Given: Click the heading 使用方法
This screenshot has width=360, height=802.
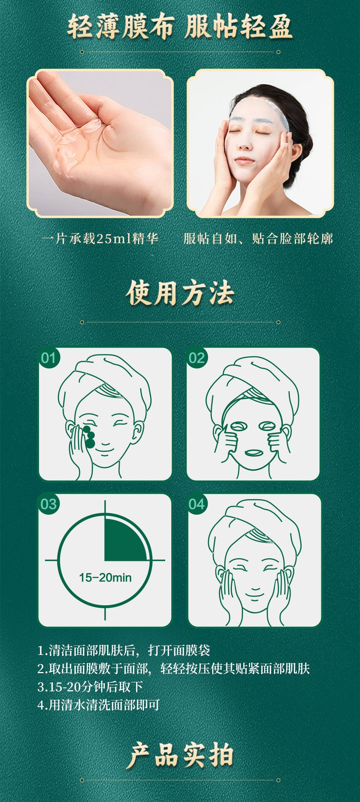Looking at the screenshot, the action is (x=180, y=293).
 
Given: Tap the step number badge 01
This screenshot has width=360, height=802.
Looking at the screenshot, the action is (x=48, y=358).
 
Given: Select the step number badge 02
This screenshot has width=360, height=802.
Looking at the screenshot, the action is (x=196, y=358).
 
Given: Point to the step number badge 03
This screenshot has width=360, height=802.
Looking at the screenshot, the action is (x=48, y=504).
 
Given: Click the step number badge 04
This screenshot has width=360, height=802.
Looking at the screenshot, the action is (x=196, y=504).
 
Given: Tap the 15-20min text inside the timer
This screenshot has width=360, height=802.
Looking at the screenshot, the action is (x=105, y=577).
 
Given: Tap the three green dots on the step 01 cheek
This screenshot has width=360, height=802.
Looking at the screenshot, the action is (x=89, y=437).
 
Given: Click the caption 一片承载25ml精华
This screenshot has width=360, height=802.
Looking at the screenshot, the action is (x=100, y=238).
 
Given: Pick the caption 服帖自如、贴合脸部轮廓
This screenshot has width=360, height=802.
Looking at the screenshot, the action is (x=258, y=238).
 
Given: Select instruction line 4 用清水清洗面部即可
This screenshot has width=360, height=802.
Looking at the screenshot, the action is (x=98, y=705).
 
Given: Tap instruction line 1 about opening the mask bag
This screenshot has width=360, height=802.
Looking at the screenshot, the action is (x=124, y=650).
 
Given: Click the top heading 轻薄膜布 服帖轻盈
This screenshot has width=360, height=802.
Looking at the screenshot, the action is (x=180, y=27).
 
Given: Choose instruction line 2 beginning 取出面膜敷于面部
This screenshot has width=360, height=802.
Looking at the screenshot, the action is (x=174, y=669).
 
